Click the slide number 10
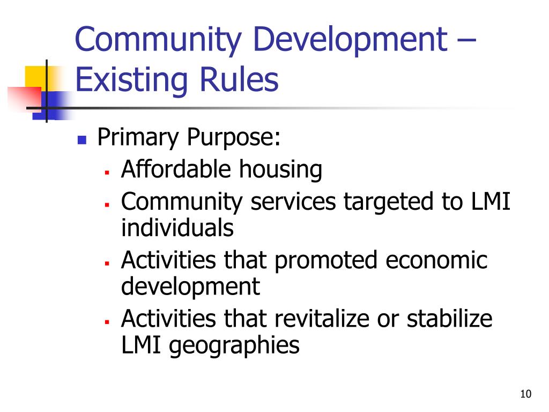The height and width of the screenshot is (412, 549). (525, 394)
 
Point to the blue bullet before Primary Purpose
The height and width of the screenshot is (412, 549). (82, 141)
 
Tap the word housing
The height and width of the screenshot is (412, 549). (280, 171)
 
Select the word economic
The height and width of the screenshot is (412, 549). (437, 260)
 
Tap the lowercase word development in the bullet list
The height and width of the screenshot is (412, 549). (190, 287)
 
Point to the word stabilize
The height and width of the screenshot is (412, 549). (449, 319)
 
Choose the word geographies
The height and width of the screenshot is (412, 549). (234, 346)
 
